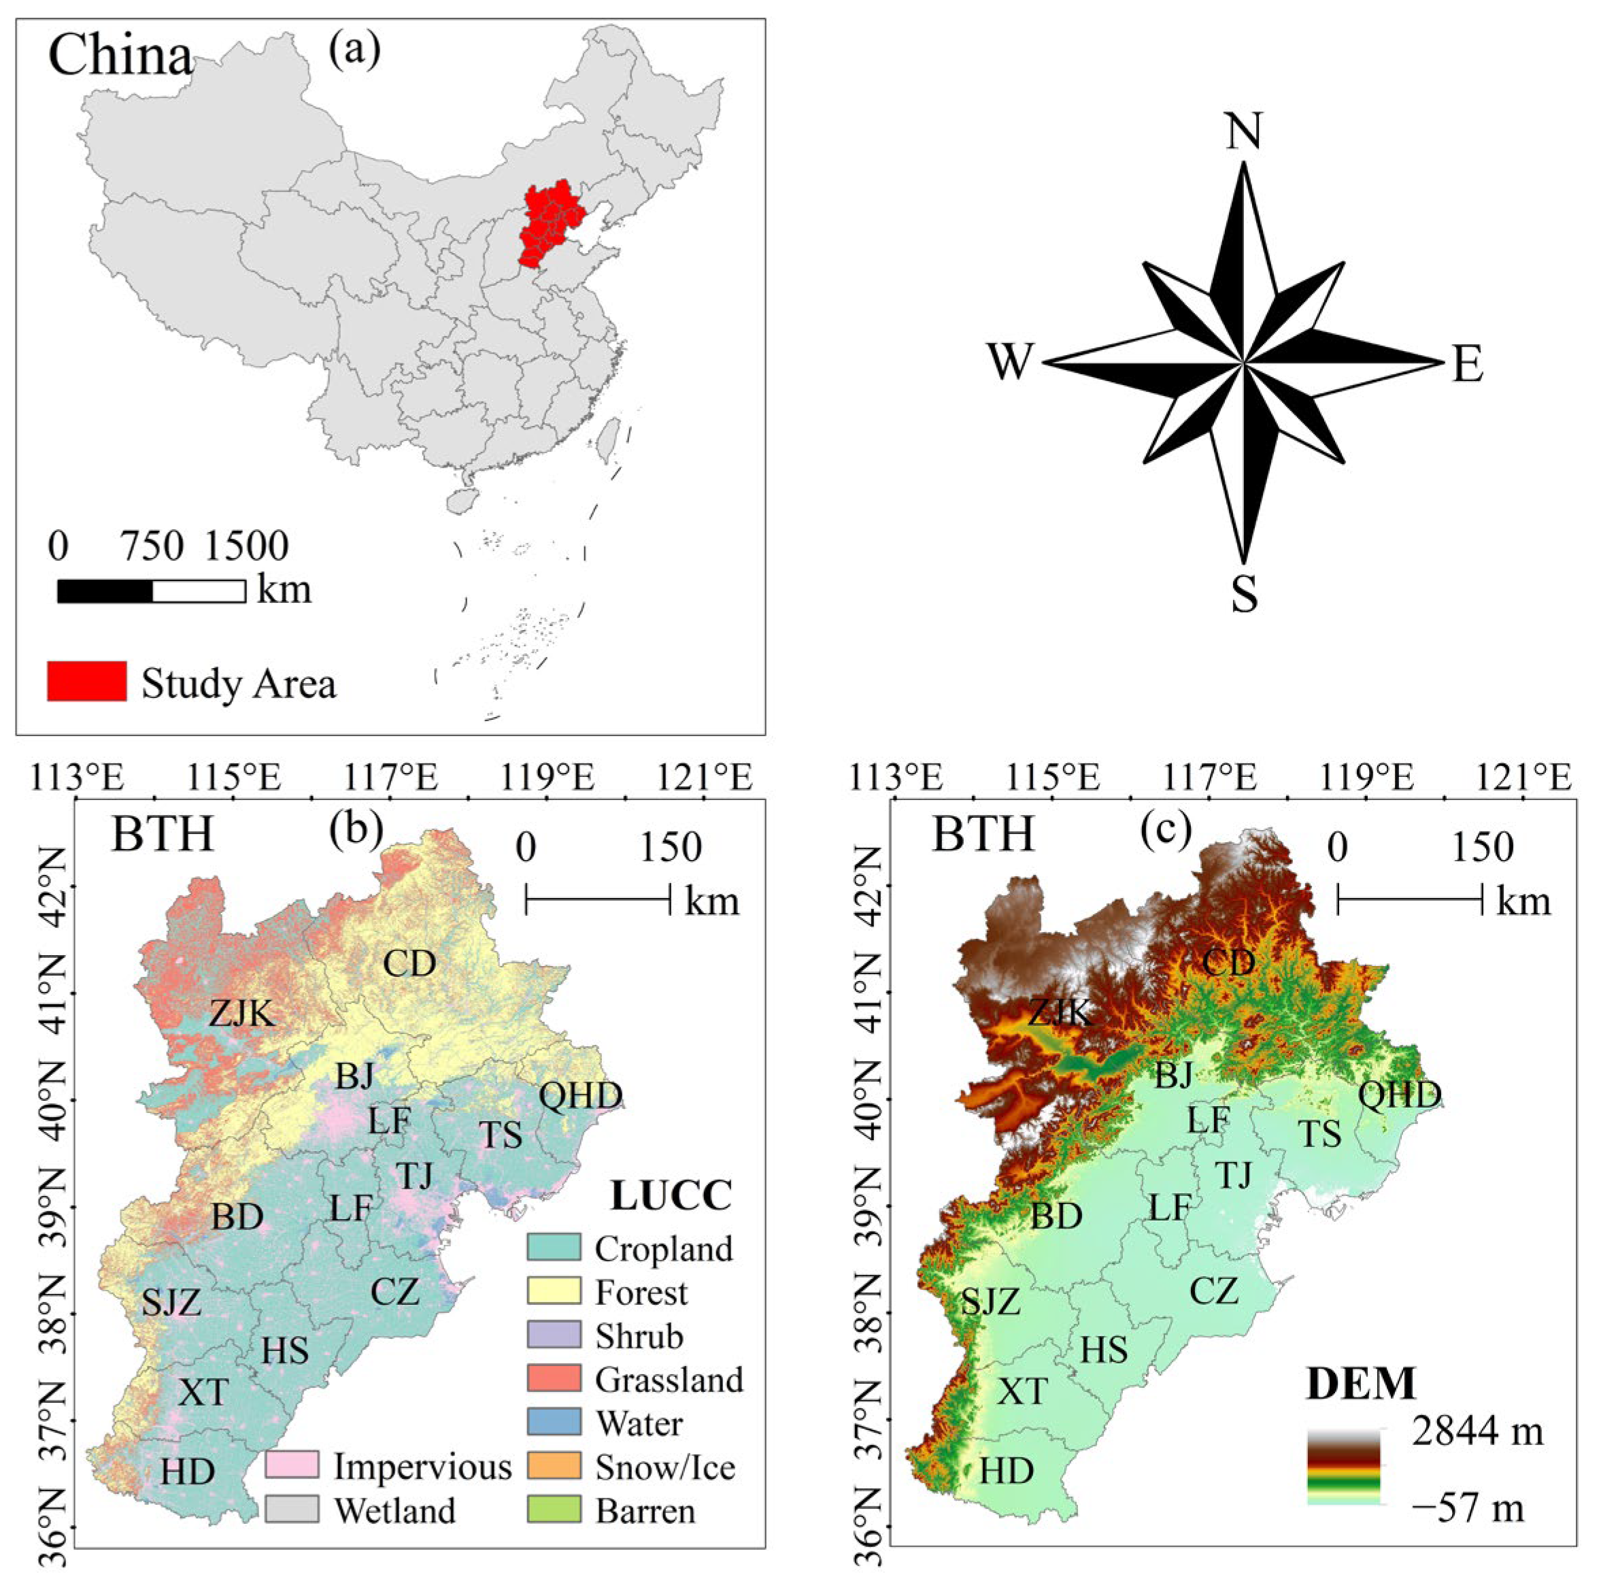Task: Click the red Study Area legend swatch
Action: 86,682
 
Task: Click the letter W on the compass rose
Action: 1010,362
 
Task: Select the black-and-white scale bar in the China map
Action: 151,591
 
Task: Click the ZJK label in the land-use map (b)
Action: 241,1013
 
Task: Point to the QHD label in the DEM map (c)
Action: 1400,1095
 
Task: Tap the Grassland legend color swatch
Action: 554,1378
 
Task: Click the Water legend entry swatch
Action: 554,1422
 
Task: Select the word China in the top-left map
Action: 120,56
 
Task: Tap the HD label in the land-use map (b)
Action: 188,1472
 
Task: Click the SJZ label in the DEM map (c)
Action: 990,1301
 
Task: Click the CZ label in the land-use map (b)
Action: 394,1291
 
